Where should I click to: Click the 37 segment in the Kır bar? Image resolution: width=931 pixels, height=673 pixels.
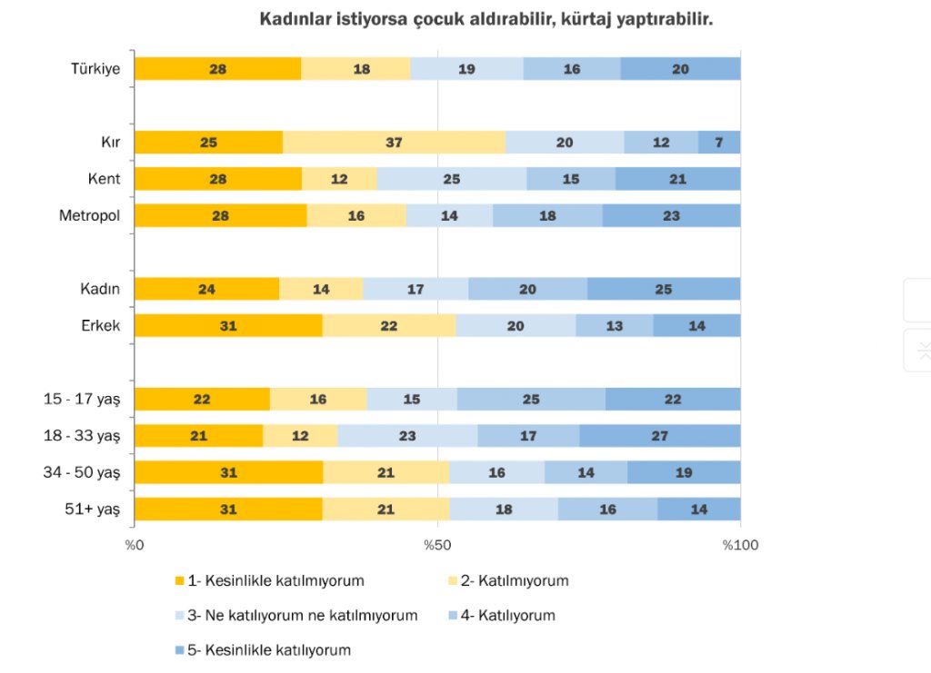(x=394, y=143)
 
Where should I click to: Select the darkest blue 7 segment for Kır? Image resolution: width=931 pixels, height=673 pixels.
(x=719, y=143)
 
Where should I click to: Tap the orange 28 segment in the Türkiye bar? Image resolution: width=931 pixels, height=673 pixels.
(x=217, y=69)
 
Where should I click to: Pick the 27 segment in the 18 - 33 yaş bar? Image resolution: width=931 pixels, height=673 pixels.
(x=659, y=436)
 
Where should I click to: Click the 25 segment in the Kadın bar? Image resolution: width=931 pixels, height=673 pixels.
(x=664, y=290)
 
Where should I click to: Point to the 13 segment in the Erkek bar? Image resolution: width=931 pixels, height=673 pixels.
(x=615, y=326)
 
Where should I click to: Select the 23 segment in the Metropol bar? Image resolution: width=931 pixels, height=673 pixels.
(x=671, y=216)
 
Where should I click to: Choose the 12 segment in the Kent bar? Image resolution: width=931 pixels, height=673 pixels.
(x=339, y=179)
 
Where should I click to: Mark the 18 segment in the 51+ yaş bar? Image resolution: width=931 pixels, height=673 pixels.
(x=504, y=510)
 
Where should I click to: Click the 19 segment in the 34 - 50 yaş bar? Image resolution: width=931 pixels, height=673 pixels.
(x=684, y=473)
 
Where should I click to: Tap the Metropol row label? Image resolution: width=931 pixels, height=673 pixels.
(x=90, y=216)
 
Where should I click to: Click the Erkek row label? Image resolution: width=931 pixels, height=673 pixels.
(x=101, y=326)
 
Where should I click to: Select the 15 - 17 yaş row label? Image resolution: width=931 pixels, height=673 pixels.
(x=83, y=400)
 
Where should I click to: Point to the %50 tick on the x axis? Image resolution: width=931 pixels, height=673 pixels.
(x=437, y=545)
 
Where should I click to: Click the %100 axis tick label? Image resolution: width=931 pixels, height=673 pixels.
(x=740, y=545)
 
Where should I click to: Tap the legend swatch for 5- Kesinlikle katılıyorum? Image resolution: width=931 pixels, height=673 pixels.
(x=180, y=650)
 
